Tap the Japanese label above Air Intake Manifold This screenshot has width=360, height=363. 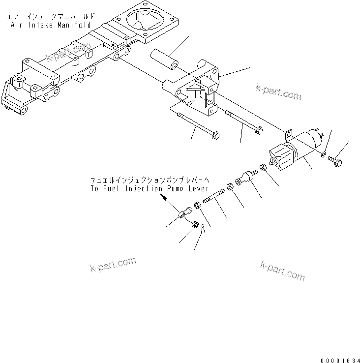pos(49,17)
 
